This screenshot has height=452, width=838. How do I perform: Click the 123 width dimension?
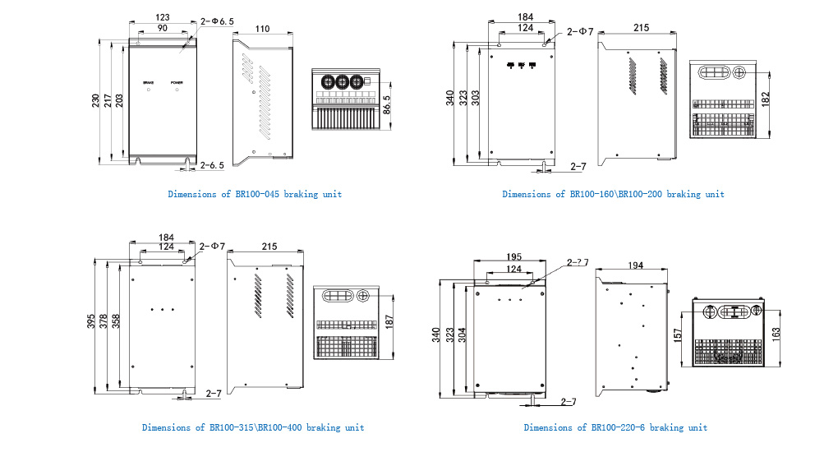tap(162, 17)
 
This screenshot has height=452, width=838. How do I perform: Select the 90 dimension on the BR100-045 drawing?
tap(162, 28)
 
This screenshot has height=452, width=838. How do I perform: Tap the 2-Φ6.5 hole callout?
tap(218, 21)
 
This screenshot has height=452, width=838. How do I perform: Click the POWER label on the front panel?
tap(177, 83)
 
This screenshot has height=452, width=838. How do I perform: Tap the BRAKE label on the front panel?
tap(148, 83)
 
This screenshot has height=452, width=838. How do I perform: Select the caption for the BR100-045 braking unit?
tap(255, 194)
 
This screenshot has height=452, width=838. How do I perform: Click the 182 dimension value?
tap(766, 98)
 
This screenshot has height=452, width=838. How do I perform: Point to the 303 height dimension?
tap(476, 102)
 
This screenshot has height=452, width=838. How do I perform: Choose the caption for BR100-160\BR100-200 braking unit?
tap(613, 194)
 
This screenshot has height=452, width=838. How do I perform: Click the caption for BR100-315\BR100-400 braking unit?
tap(252, 427)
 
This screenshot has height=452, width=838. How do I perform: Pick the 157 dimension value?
tap(678, 336)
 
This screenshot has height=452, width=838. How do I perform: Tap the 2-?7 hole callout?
tap(577, 263)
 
